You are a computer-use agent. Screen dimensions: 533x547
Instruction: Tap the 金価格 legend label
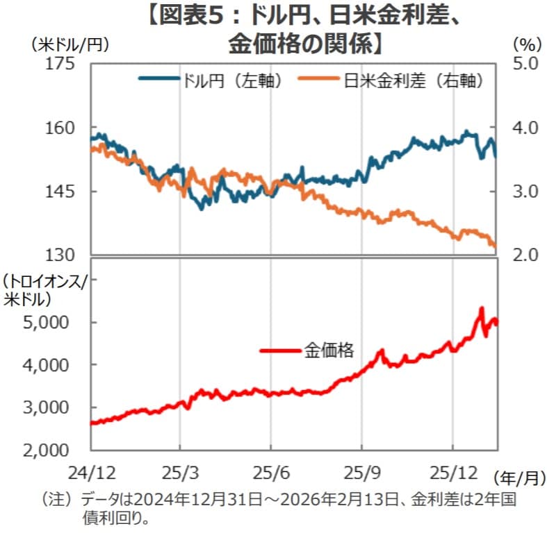(328, 350)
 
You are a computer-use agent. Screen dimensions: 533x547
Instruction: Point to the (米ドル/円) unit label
(67, 44)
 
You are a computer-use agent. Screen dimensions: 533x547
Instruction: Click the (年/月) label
(519, 478)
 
